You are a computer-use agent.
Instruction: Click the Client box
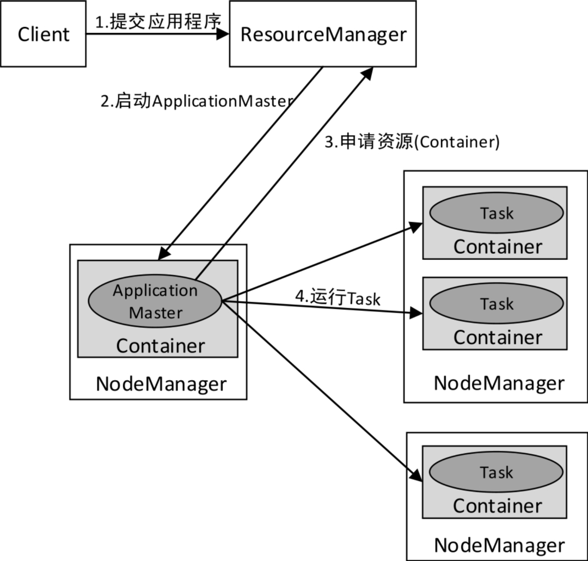point(43,34)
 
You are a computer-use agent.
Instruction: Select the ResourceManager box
point(323,34)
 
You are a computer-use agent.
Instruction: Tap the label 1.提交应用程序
point(158,22)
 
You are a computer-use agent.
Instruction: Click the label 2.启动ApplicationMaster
point(197,101)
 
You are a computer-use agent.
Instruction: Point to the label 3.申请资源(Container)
point(412,142)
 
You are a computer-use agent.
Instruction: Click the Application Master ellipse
point(155,301)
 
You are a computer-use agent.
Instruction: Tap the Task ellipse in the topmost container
point(496,212)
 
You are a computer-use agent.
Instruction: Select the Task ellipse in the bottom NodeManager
point(496,472)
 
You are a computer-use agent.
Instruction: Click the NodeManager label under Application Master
point(161,383)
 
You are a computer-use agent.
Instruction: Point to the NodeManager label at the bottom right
point(499,545)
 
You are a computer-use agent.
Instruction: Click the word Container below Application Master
point(161,345)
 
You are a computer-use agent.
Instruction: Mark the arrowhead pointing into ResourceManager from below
point(368,73)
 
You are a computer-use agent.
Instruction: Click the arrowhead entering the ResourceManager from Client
point(223,34)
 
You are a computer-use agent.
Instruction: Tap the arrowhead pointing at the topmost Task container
point(416,225)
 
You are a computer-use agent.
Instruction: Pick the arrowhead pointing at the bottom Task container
point(416,475)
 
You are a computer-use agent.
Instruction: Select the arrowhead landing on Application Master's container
point(163,254)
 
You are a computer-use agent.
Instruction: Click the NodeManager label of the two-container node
point(499,383)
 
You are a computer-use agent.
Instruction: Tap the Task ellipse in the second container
point(496,303)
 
